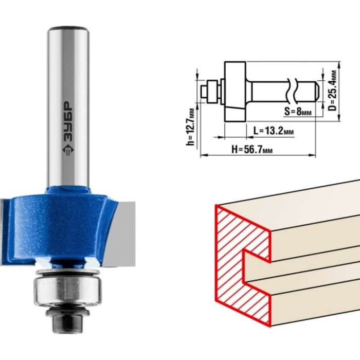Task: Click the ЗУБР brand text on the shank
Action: pos(68,121)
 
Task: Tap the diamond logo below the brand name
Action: pos(68,150)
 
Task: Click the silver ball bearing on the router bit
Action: pos(68,290)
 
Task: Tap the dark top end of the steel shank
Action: pos(68,29)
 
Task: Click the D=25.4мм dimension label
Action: pos(333,90)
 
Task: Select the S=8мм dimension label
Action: pos(298,112)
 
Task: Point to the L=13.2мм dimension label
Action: pos(274,131)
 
